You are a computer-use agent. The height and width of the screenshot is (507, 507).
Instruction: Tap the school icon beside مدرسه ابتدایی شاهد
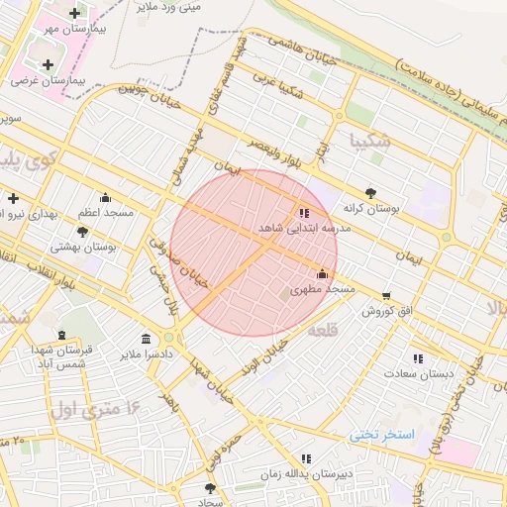[x=303, y=212]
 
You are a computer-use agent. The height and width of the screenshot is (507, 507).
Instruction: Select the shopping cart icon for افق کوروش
[x=385, y=295]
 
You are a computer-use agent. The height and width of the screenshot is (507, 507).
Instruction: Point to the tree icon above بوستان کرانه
[x=370, y=193]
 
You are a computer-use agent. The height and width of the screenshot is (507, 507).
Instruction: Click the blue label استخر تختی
[x=380, y=436]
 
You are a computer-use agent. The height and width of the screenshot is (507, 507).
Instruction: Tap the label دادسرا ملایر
[x=148, y=354]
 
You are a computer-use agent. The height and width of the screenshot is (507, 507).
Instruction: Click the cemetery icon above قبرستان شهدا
[x=63, y=335]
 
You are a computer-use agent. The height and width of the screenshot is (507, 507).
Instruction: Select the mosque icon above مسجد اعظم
[x=105, y=197]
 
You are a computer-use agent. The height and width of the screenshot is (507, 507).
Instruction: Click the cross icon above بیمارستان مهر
[x=75, y=13]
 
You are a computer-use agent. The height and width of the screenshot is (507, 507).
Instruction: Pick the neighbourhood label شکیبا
[x=369, y=142]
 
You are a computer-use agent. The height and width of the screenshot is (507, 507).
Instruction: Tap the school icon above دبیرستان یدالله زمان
[x=306, y=458]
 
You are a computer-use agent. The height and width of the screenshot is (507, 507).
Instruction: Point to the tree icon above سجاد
[x=209, y=488]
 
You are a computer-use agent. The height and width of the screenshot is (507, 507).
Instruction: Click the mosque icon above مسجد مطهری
[x=321, y=274]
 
